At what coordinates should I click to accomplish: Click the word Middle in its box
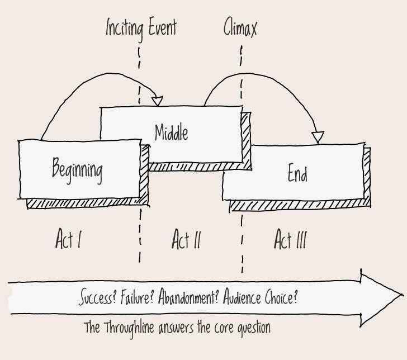click(x=171, y=133)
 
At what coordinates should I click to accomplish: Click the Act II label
click(x=186, y=240)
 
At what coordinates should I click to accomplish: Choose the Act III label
click(x=290, y=240)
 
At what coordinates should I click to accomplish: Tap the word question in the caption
click(x=250, y=328)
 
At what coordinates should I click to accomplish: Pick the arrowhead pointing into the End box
click(x=318, y=136)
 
